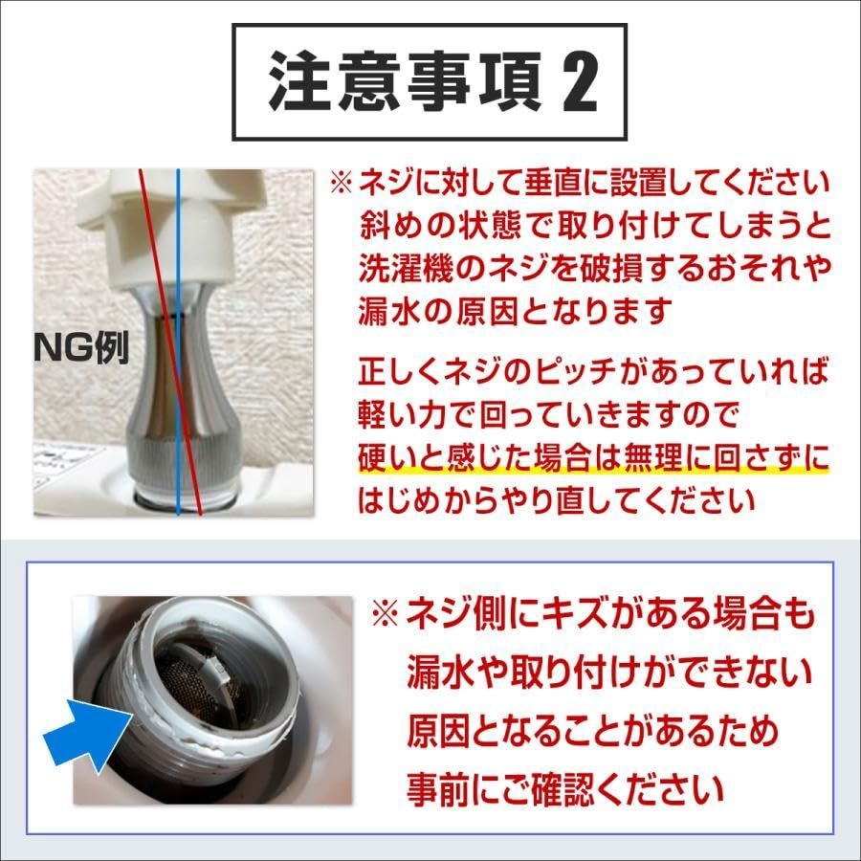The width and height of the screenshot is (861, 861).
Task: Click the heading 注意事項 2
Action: tap(432, 82)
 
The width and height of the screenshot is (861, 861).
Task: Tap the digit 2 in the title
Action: tap(579, 83)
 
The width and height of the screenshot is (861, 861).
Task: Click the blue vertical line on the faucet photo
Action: tap(179, 342)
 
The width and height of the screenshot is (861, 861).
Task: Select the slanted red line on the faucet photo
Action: tap(170, 342)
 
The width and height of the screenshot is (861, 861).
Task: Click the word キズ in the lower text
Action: tap(574, 614)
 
